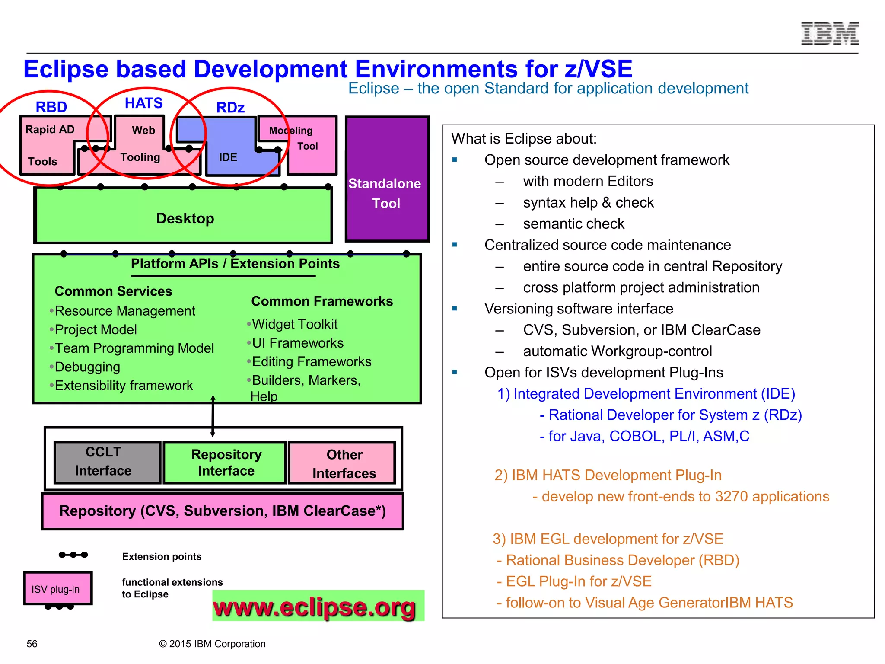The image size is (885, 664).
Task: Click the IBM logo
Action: (x=829, y=33)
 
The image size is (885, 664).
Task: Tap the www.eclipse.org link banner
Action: (x=318, y=606)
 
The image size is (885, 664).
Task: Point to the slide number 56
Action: (x=32, y=644)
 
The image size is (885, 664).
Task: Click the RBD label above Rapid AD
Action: (x=51, y=107)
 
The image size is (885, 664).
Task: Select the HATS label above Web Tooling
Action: (x=143, y=103)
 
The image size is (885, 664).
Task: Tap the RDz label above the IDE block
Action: (x=230, y=107)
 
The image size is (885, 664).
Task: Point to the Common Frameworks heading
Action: (x=322, y=301)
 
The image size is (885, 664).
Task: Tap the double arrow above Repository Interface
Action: (x=213, y=415)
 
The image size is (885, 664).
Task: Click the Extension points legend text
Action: (x=162, y=556)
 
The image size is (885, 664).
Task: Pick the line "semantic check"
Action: (x=573, y=223)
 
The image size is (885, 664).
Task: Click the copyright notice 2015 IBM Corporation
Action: (x=212, y=644)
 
